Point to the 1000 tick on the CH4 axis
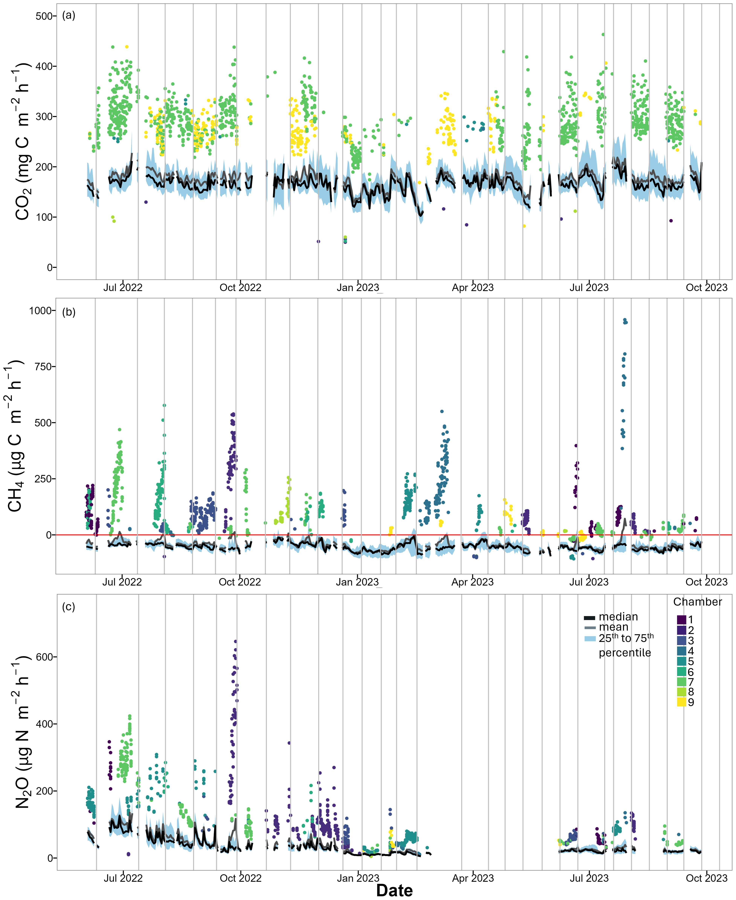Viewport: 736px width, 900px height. pos(41,311)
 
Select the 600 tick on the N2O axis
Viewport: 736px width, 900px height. pos(44,657)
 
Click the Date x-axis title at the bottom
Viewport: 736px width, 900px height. pos(394,890)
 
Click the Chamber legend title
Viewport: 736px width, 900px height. pos(697,602)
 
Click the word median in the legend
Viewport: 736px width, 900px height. pos(618,616)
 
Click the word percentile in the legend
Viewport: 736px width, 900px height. pos(625,653)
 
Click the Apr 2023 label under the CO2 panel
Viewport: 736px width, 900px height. pos(473,288)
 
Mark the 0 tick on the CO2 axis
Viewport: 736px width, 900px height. pos(50,267)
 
